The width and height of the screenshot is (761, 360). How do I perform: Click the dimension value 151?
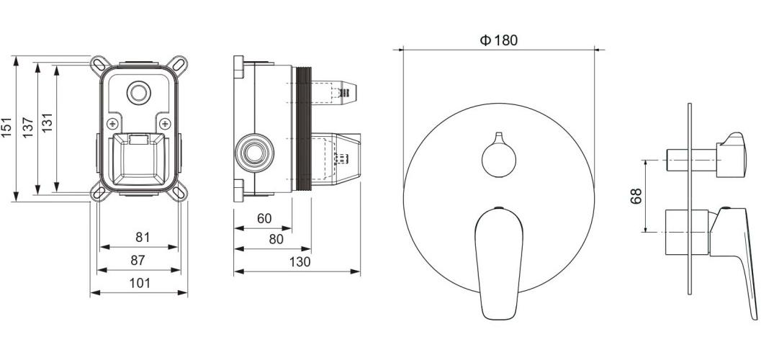pos(6,127)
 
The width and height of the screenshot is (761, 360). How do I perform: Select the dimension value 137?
pos(27,127)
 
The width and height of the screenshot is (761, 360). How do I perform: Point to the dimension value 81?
pos(143,238)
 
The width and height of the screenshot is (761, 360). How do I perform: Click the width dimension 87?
pos(138,260)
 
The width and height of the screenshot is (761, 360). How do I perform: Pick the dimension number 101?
pos(140,283)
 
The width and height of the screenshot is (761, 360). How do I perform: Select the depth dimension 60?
pos(264,219)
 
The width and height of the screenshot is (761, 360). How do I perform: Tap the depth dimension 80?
pos(276,240)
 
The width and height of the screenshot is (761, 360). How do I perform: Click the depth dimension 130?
pos(300,262)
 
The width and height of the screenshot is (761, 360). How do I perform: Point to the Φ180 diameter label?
pos(499,40)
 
